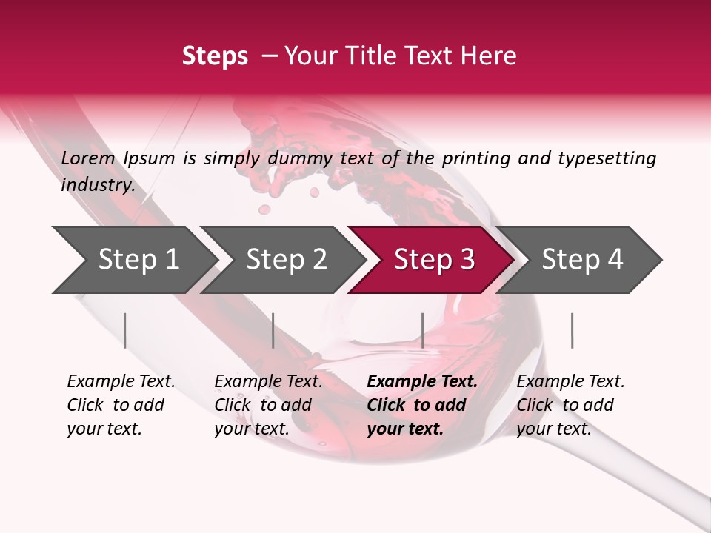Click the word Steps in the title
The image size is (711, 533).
click(x=215, y=56)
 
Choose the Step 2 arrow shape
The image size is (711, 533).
click(x=286, y=260)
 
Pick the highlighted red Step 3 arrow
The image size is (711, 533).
click(x=434, y=260)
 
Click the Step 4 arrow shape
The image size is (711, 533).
click(x=582, y=260)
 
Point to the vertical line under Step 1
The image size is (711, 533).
click(x=125, y=330)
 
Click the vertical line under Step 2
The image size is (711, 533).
click(x=273, y=330)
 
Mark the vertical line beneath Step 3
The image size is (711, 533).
click(x=422, y=330)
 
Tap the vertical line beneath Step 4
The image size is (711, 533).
click(x=572, y=330)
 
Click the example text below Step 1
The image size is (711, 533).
click(x=121, y=405)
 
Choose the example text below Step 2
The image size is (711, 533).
click(x=268, y=405)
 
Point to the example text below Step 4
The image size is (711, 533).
click(x=570, y=405)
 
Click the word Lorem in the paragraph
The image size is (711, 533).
click(x=88, y=158)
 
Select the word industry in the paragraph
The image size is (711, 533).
click(x=97, y=185)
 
